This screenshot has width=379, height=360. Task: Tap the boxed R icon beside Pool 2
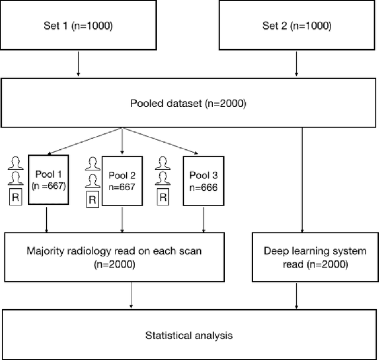pyautogui.click(x=92, y=200)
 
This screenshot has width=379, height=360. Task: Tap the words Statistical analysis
pyautogui.click(x=189, y=336)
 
